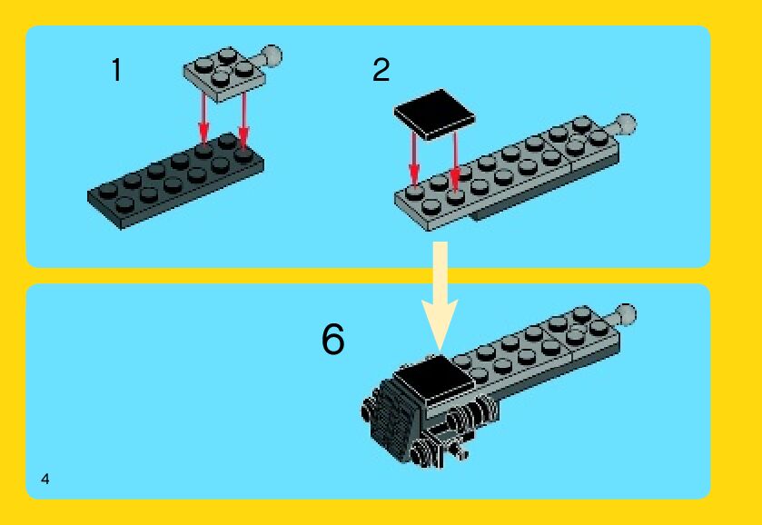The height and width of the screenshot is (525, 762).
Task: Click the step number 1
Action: (116, 70)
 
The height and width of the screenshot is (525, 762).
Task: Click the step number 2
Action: (381, 70)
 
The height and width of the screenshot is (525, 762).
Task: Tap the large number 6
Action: (333, 340)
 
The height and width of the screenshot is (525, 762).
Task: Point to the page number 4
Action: (45, 479)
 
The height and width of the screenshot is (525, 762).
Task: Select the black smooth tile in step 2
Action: (435, 114)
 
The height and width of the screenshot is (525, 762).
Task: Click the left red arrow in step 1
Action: (204, 119)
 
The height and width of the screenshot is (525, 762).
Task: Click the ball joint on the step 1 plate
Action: (272, 56)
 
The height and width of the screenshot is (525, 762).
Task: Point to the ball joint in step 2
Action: (626, 124)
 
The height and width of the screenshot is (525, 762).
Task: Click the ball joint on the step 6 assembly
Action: (626, 314)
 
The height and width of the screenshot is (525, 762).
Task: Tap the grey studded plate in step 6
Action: (536, 350)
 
